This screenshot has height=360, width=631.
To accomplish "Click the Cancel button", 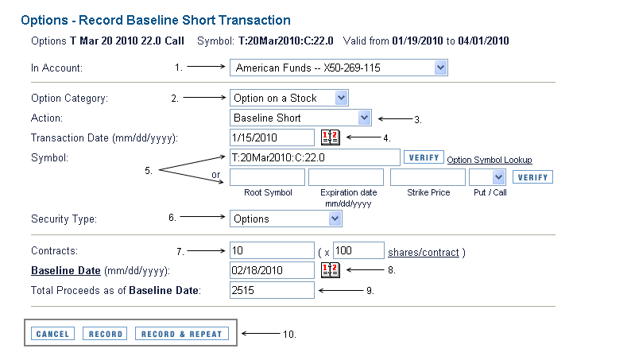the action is click(x=52, y=334).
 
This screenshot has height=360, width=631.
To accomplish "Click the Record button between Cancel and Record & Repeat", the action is click(x=105, y=334).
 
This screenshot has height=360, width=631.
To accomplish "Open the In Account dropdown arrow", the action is click(x=440, y=68).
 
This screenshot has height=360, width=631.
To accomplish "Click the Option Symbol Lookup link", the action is click(x=490, y=160).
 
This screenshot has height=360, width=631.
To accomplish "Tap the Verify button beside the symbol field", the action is click(x=424, y=157).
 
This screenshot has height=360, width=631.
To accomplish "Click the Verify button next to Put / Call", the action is click(x=532, y=177).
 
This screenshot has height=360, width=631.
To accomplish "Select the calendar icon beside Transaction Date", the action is click(x=331, y=137).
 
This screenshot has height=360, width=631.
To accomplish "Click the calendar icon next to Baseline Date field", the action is click(x=331, y=270).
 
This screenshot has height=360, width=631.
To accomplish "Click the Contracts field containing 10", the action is click(x=272, y=250).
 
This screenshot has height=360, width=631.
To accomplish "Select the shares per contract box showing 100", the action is click(x=358, y=250).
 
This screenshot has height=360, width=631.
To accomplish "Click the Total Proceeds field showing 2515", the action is click(x=272, y=290).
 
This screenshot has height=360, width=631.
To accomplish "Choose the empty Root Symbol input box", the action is click(x=267, y=177).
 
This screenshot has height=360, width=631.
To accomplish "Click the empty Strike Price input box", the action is click(x=428, y=177).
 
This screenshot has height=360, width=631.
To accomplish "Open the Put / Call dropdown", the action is click(x=487, y=177).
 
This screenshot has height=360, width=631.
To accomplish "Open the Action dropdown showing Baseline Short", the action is click(x=300, y=118).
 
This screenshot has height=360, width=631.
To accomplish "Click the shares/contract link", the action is click(x=424, y=252).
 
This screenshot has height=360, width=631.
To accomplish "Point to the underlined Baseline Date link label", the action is click(x=66, y=270).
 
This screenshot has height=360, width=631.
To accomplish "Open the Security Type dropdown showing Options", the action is click(x=286, y=219).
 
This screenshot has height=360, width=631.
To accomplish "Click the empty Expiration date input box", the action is click(x=346, y=177).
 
